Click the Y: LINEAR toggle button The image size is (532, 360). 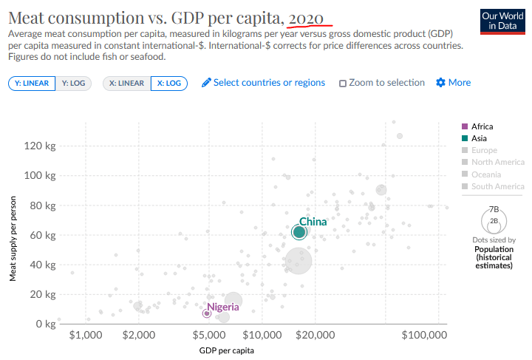pyautogui.click(x=32, y=84)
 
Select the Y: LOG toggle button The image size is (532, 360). pyautogui.click(x=73, y=84)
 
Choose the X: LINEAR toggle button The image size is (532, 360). pyautogui.click(x=126, y=84)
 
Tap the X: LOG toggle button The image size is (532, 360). pyautogui.click(x=169, y=84)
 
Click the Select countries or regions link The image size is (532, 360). pyautogui.click(x=263, y=83)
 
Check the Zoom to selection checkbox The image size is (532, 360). pyautogui.click(x=343, y=83)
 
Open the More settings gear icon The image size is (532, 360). pyautogui.click(x=440, y=83)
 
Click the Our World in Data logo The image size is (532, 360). pyautogui.click(x=502, y=21)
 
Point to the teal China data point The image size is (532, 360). pyautogui.click(x=299, y=232)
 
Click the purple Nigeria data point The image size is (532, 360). pyautogui.click(x=207, y=313)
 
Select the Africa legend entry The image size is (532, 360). pyautogui.click(x=477, y=126)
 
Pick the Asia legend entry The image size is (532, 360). pyautogui.click(x=474, y=138)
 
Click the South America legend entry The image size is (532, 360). pyautogui.click(x=493, y=186)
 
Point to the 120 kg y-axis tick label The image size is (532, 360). pyautogui.click(x=40, y=146)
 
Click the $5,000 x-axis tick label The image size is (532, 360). pyautogui.click(x=209, y=335)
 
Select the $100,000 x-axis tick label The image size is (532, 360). pyautogui.click(x=424, y=335)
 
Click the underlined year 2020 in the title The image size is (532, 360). pyautogui.click(x=306, y=18)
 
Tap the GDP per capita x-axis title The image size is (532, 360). pyautogui.click(x=226, y=350)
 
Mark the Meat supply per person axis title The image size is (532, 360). pyautogui.click(x=13, y=239)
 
